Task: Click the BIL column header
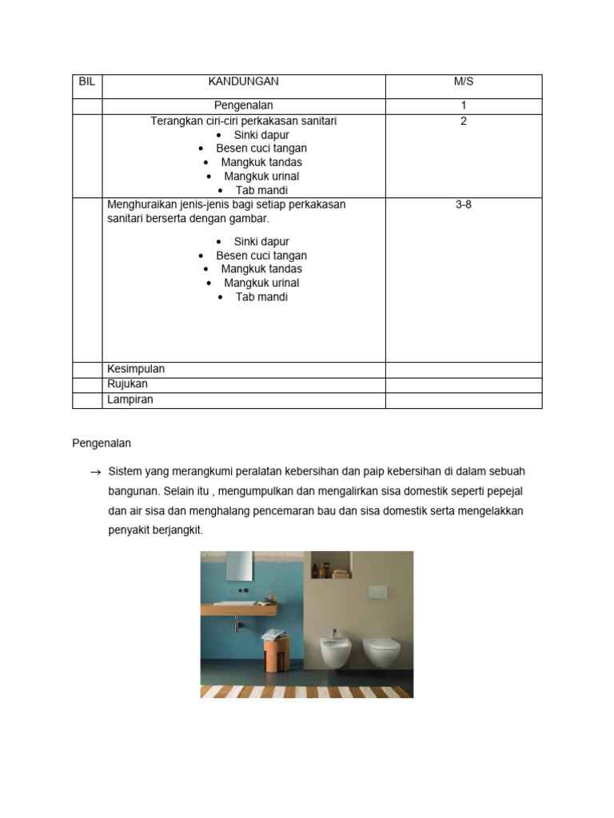[x=87, y=81]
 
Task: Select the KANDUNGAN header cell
[x=244, y=81]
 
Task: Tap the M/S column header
[x=464, y=81]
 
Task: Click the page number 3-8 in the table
[x=464, y=204]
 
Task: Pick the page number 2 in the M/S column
[x=464, y=121]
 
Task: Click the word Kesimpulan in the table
[x=136, y=369]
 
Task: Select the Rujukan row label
[x=128, y=384]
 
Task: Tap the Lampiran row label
[x=130, y=399]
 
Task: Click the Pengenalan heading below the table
[x=102, y=443]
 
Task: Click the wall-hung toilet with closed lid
[x=381, y=651]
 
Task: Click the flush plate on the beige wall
[x=377, y=593]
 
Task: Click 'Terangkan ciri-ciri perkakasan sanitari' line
[x=244, y=121]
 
